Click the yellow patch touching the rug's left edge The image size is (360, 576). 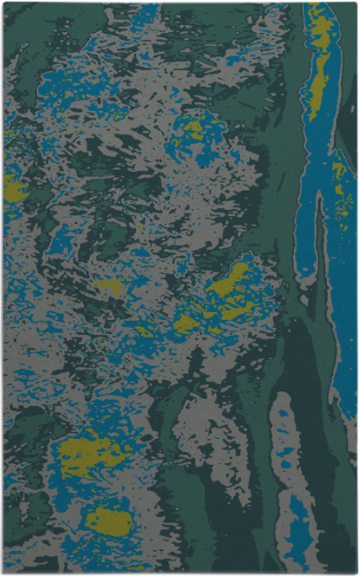(13, 189)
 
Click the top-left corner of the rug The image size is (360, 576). (4, 4)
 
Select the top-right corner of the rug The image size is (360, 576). (356, 4)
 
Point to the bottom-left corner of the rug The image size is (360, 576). (4, 572)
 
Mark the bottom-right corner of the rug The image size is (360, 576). (356, 572)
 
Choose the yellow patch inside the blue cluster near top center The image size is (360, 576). (193, 131)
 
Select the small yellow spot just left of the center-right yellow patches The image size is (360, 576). (108, 287)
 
